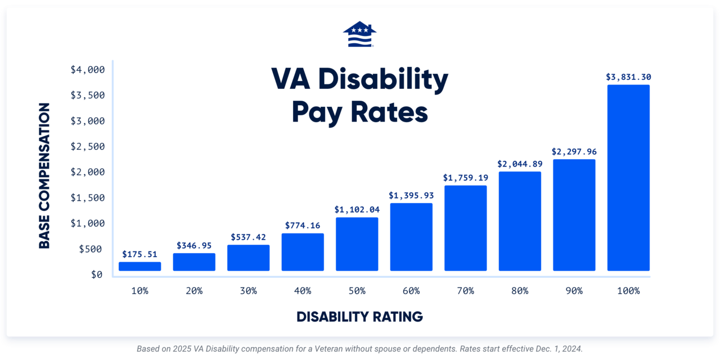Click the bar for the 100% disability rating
pyautogui.click(x=628, y=178)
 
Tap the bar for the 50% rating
pyautogui.click(x=357, y=244)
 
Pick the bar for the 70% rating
pyautogui.click(x=465, y=228)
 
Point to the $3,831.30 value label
pyautogui.click(x=628, y=77)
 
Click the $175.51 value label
pyautogui.click(x=139, y=254)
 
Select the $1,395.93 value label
pyautogui.click(x=411, y=195)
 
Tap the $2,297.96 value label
pyautogui.click(x=574, y=151)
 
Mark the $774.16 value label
pyautogui.click(x=302, y=226)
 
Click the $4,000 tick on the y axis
pyautogui.click(x=88, y=70)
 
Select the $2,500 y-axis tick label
pyautogui.click(x=88, y=146)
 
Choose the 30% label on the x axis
pyautogui.click(x=248, y=291)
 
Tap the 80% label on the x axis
pyautogui.click(x=520, y=291)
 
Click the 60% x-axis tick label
pyautogui.click(x=411, y=291)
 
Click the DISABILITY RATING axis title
pyautogui.click(x=359, y=317)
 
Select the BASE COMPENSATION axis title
pyautogui.click(x=44, y=175)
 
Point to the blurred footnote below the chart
pyautogui.click(x=359, y=349)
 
